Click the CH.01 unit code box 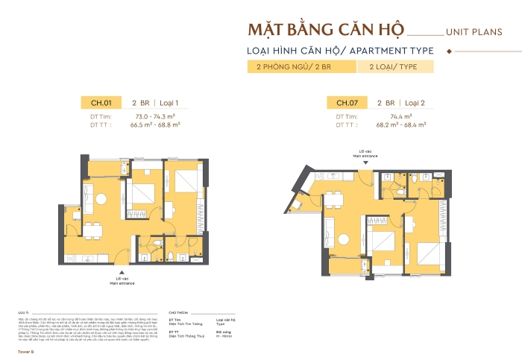click(x=101, y=103)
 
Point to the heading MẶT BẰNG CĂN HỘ click(x=325, y=31)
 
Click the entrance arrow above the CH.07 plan click(x=366, y=162)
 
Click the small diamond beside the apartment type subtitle click(x=448, y=51)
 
